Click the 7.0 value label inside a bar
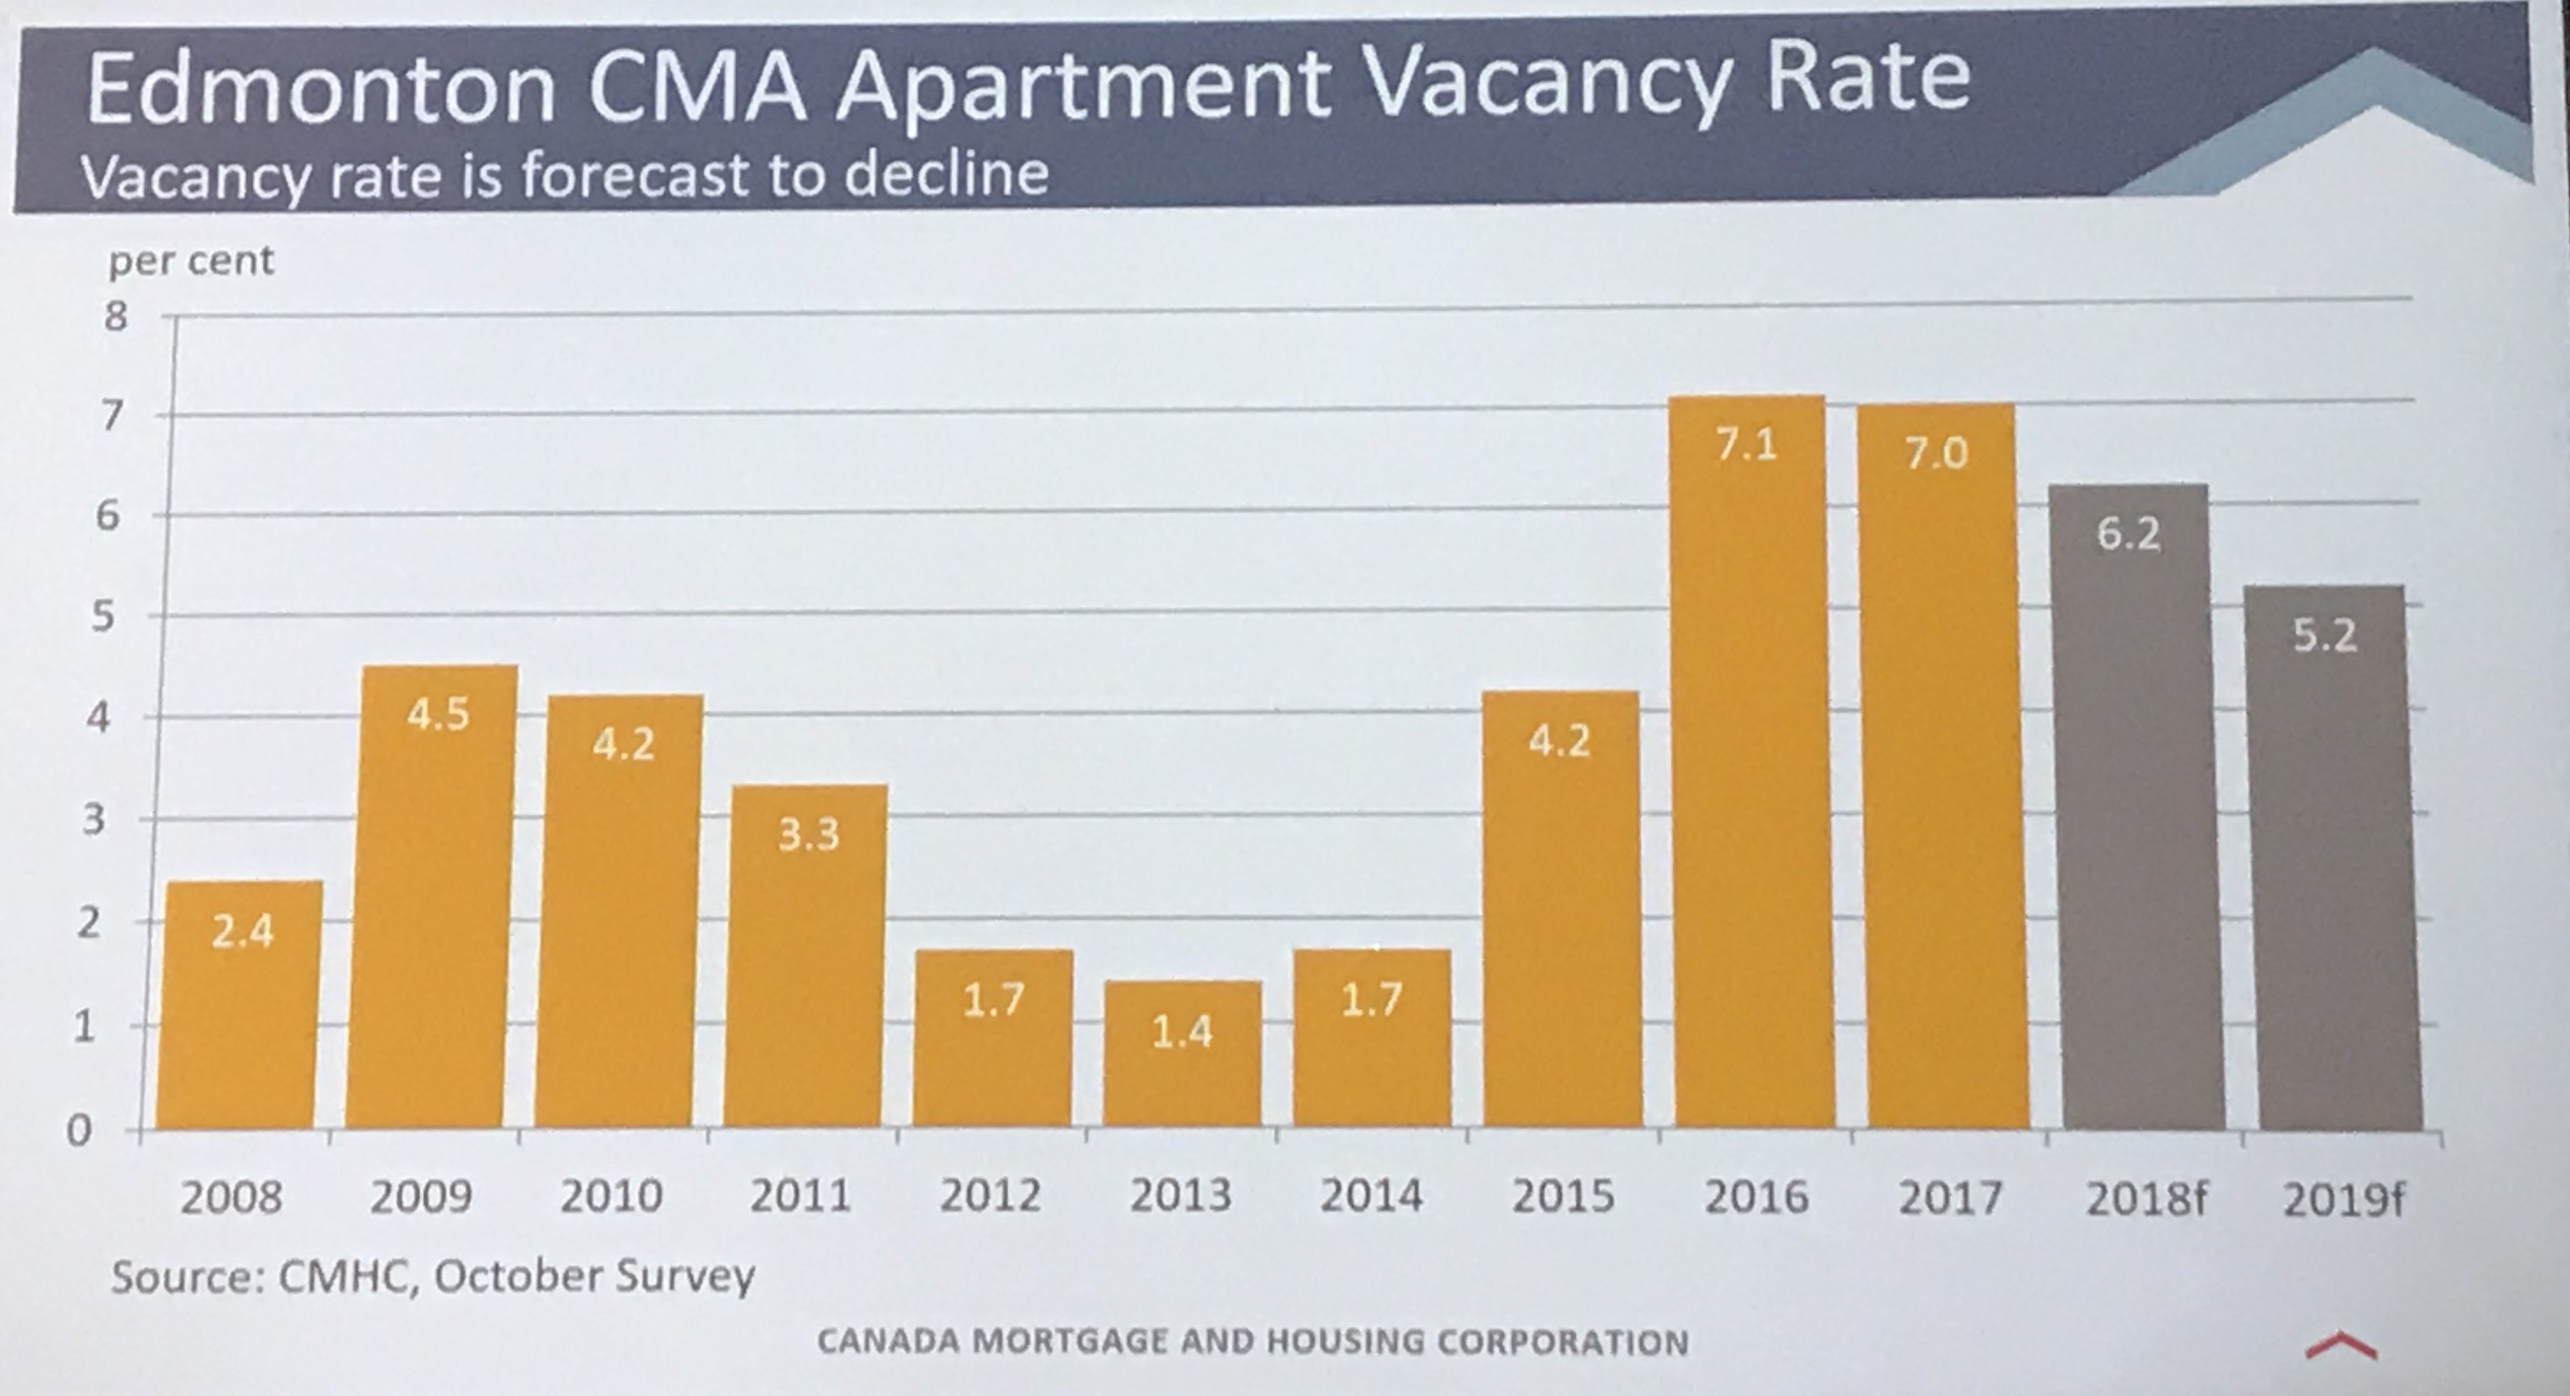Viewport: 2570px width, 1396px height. (1935, 454)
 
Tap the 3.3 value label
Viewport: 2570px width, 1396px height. (808, 835)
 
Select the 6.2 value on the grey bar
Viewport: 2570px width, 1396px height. (2128, 534)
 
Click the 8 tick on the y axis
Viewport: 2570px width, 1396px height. (115, 317)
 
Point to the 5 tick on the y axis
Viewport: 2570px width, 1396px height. (101, 617)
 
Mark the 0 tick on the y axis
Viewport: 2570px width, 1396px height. (79, 1131)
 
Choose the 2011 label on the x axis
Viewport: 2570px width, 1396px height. (800, 1196)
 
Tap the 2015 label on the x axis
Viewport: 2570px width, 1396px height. (1562, 1196)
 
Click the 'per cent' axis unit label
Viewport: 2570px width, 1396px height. (190, 260)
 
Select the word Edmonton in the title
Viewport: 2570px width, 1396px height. (319, 88)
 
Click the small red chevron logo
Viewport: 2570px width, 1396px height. (2340, 1348)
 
